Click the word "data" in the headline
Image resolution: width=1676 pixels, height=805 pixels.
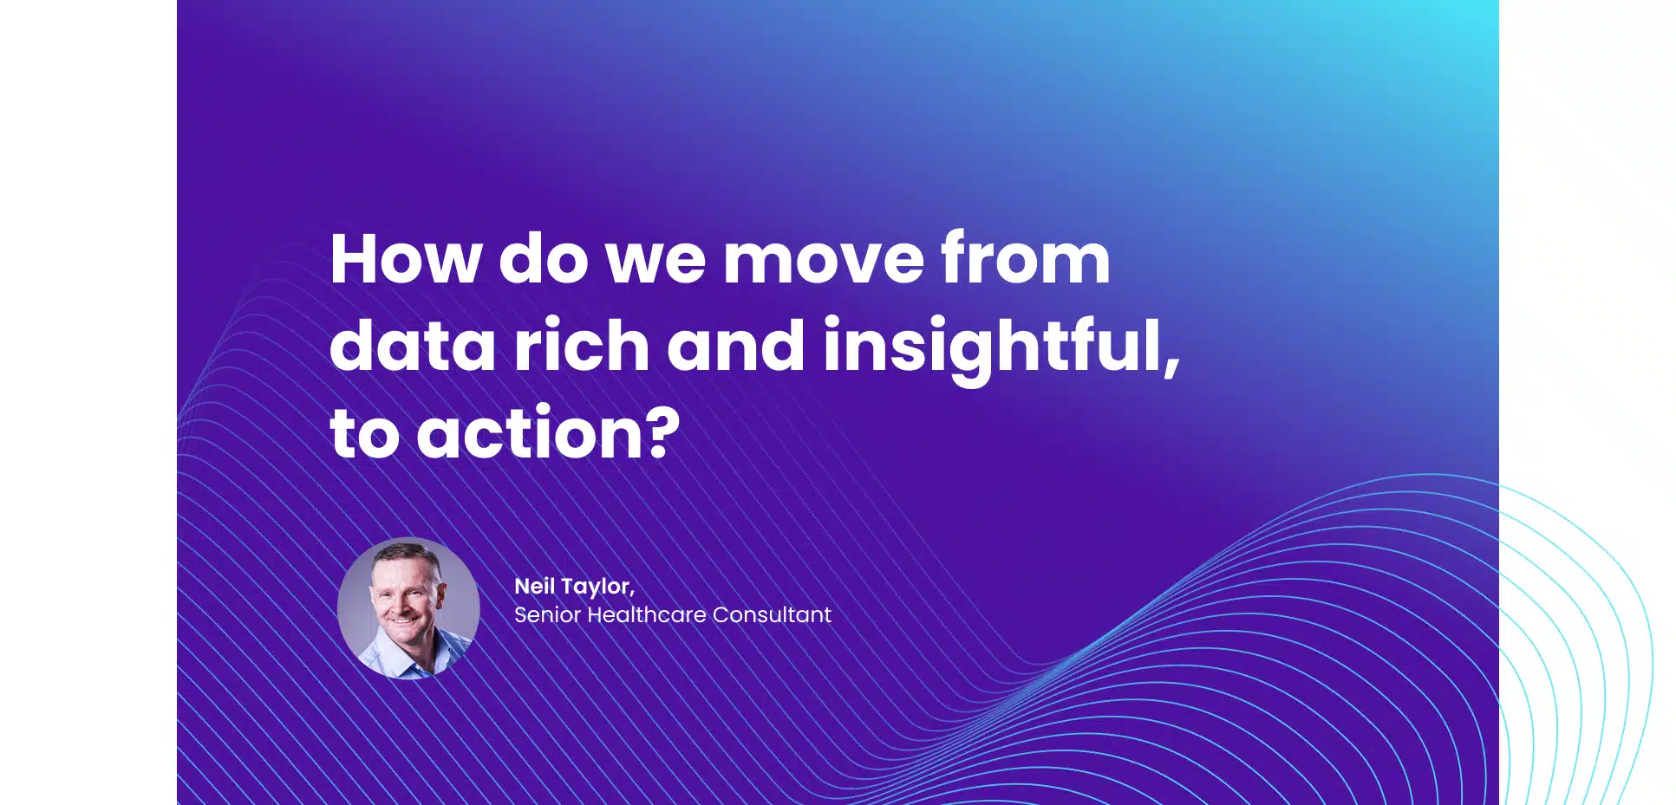tap(413, 345)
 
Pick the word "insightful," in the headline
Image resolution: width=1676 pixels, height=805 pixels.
tap(1001, 349)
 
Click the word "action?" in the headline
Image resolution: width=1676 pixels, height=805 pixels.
tap(549, 432)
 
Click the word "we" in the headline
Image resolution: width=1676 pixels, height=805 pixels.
tap(655, 263)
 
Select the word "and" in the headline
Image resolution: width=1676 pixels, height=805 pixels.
tap(736, 344)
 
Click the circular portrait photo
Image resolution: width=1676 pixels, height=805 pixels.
tap(408, 608)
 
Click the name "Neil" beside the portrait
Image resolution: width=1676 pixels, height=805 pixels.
tap(535, 586)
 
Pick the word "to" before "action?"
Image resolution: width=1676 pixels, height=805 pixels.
tap(364, 434)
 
